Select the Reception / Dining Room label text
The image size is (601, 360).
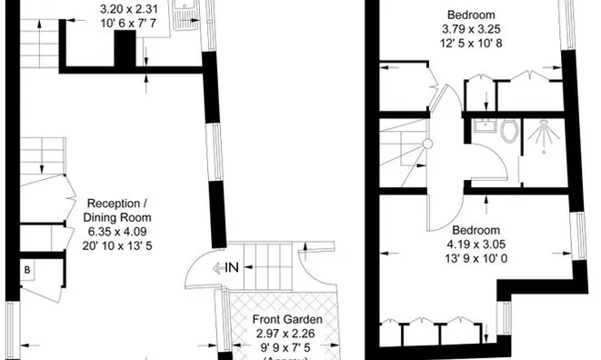tap(117, 211)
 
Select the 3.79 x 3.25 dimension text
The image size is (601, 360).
tap(470, 28)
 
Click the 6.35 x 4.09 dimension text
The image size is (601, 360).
tap(118, 231)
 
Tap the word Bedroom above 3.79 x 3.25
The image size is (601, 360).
tap(470, 15)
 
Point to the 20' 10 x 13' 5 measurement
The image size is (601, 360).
tap(118, 245)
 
